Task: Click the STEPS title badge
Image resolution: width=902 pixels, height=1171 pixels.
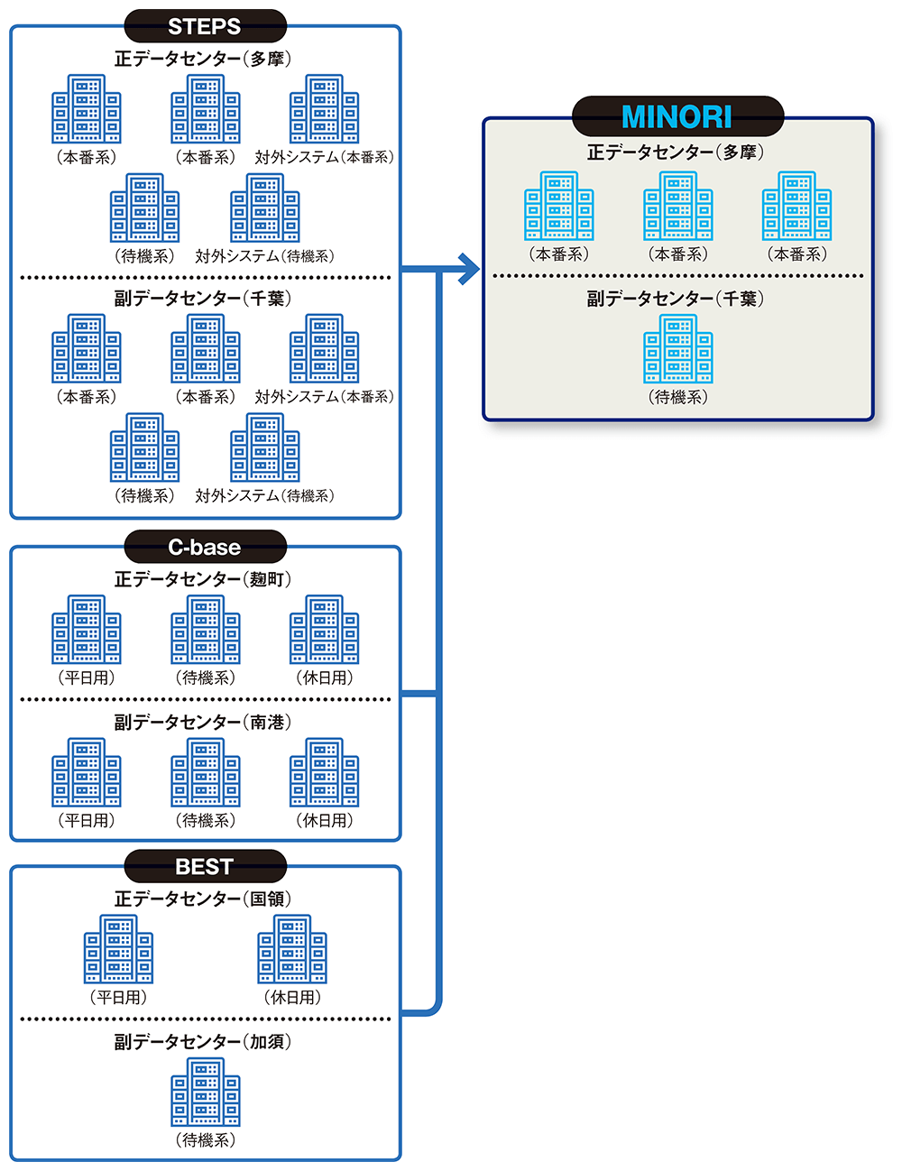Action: click(x=205, y=26)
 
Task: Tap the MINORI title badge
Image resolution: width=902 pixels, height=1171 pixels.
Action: click(x=676, y=116)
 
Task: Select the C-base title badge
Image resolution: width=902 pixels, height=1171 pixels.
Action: click(x=205, y=547)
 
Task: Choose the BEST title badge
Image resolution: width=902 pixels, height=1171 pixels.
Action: click(x=205, y=867)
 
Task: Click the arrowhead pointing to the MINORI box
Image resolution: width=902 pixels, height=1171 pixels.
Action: click(x=468, y=268)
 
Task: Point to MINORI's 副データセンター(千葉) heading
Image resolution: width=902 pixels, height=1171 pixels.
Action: click(x=676, y=299)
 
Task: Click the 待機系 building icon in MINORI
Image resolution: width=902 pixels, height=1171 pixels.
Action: click(x=677, y=348)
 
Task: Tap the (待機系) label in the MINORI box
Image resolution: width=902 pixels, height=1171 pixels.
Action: click(x=677, y=397)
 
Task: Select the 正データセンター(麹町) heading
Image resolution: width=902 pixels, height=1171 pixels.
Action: click(x=203, y=579)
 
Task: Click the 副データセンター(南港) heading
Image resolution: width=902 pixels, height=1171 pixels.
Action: click(x=203, y=722)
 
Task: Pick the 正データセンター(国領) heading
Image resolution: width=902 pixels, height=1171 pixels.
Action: click(x=203, y=899)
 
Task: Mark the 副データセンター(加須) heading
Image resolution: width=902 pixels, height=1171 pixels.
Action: click(x=203, y=1042)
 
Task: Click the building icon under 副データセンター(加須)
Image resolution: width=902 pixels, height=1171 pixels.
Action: click(x=206, y=1092)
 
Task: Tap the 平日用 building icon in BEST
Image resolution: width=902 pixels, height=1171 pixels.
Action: click(x=118, y=949)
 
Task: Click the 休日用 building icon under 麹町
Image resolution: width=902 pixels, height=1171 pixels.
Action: click(x=325, y=630)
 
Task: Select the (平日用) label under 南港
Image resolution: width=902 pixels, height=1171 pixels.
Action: click(x=87, y=821)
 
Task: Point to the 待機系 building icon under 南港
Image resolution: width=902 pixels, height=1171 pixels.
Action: click(x=206, y=772)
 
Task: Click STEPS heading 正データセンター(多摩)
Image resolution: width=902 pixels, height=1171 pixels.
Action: click(x=203, y=59)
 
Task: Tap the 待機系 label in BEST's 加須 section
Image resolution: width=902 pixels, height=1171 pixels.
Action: click(x=206, y=1140)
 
